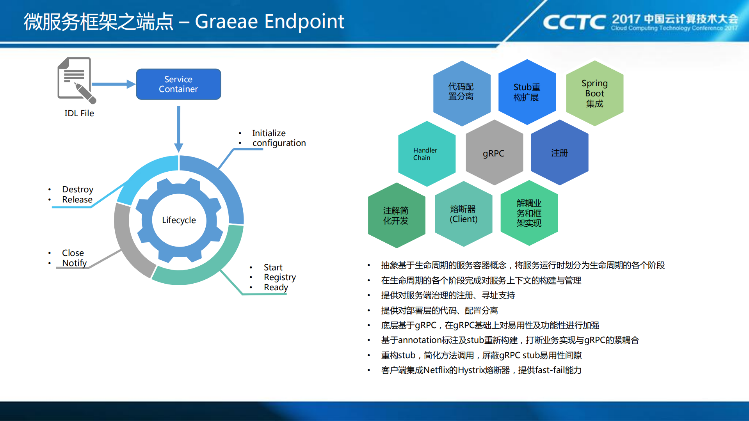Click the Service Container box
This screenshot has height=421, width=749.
(x=178, y=84)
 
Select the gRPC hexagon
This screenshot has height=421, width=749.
(x=494, y=153)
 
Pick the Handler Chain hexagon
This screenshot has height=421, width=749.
(x=427, y=154)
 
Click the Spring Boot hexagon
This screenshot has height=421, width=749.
(x=594, y=93)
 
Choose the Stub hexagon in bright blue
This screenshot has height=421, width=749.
(x=527, y=92)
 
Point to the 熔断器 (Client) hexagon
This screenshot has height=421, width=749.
(x=464, y=214)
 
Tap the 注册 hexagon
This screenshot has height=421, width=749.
(x=560, y=153)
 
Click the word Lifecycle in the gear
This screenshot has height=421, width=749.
(x=179, y=220)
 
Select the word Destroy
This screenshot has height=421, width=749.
(x=78, y=190)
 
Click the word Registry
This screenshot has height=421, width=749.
(x=280, y=277)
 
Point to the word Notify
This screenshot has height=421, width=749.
(x=74, y=263)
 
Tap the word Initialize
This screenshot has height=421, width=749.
(x=269, y=133)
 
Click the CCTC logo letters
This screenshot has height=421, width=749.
(x=574, y=22)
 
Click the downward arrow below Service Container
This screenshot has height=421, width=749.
(x=179, y=129)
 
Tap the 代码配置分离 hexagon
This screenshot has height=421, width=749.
(x=462, y=93)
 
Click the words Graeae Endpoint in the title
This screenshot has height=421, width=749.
(x=270, y=22)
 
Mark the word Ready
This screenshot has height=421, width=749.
(x=276, y=288)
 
